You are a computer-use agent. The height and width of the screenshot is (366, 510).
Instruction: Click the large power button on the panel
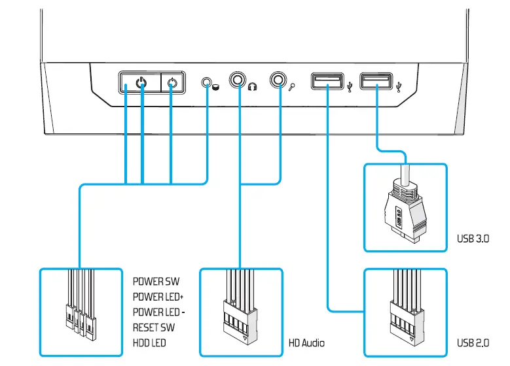[139, 83]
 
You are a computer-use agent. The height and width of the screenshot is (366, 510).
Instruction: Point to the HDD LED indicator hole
[208, 83]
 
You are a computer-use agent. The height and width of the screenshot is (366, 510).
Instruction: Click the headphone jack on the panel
[236, 81]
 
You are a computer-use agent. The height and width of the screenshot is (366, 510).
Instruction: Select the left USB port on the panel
[327, 81]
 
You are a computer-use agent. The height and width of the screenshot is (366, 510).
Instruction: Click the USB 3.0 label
[473, 239]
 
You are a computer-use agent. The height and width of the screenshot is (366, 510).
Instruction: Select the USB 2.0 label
[473, 342]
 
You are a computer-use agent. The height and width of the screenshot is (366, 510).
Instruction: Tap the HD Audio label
[306, 342]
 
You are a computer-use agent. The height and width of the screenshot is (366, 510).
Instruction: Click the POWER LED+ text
[157, 297]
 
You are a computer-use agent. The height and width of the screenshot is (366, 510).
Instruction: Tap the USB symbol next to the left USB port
[351, 85]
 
